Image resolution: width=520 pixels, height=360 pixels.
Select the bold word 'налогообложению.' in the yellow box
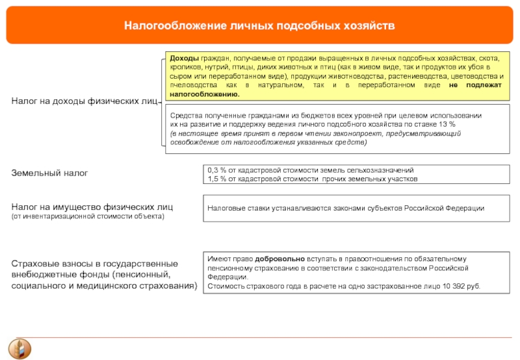(205, 94)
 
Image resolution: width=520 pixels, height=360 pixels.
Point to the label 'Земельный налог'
(49, 174)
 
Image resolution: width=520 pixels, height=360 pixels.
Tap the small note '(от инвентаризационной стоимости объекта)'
(88, 216)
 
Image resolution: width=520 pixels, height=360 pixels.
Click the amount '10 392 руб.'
(459, 285)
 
